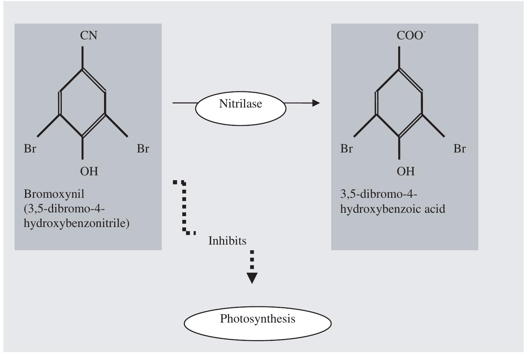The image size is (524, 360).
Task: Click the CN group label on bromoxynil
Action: coord(89,36)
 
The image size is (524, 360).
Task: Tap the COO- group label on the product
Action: coord(411,36)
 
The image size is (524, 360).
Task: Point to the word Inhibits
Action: coord(227,240)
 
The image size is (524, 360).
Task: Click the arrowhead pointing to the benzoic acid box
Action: coord(316,103)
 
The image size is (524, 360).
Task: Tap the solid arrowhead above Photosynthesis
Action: coord(252,278)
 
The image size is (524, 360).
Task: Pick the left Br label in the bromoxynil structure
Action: coord(30,149)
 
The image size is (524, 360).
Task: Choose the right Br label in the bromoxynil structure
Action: coord(143,149)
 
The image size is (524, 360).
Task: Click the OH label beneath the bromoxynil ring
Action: coord(89,171)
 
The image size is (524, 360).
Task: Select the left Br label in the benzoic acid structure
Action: coord(347,149)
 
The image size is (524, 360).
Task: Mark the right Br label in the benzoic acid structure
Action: coord(460,149)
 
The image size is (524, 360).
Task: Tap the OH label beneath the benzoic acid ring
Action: coord(406,171)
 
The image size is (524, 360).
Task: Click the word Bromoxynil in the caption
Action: coord(54,194)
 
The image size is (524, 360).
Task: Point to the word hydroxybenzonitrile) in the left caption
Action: coord(76,223)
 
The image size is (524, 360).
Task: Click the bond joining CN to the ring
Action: coord(82,57)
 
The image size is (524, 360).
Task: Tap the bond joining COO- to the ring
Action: coord(399,57)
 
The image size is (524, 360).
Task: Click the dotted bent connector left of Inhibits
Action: coord(184,208)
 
